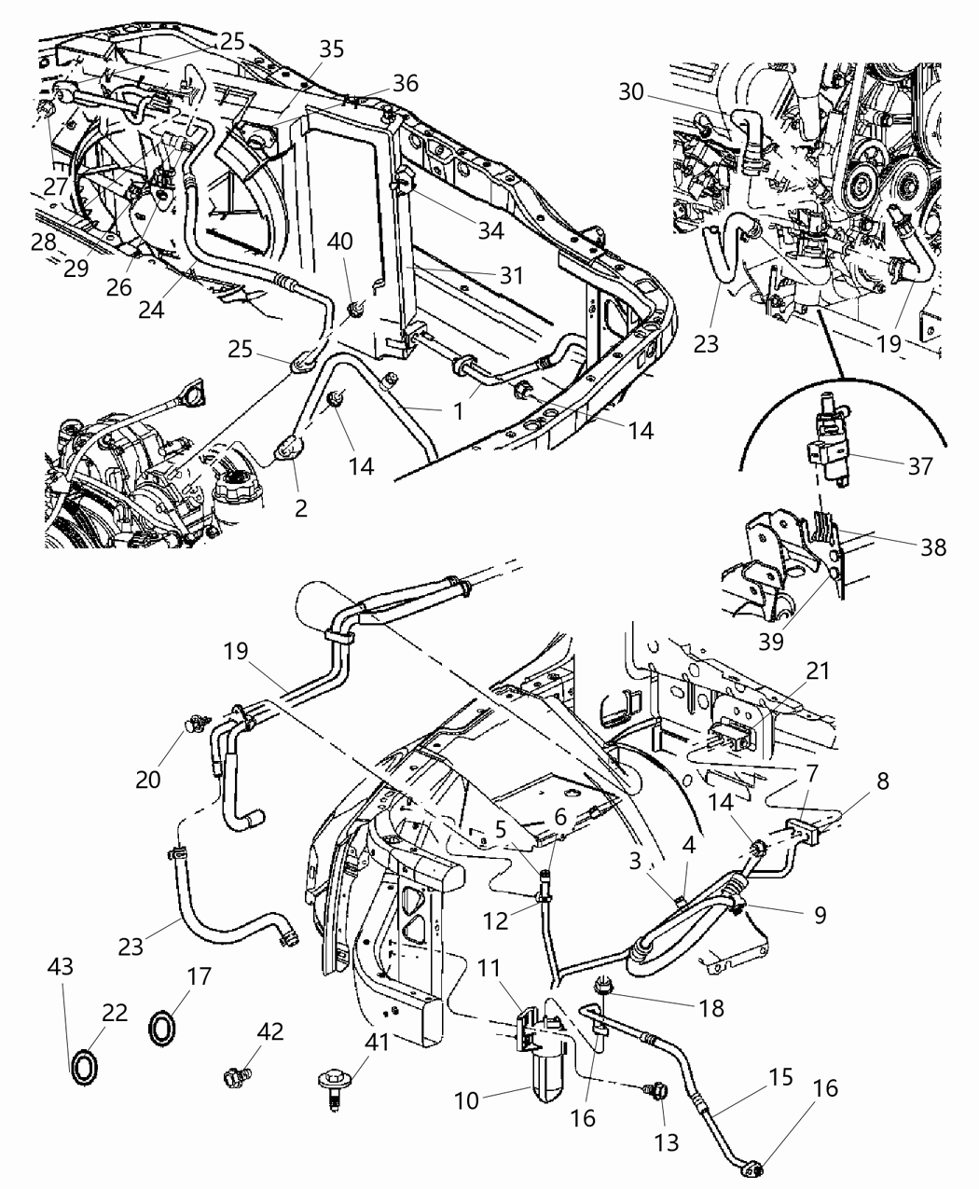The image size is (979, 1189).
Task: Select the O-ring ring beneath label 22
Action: (x=84, y=1065)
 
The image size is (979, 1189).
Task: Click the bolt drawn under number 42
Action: (x=233, y=1077)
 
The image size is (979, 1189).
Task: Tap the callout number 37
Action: (x=919, y=465)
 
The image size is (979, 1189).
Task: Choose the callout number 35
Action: (x=332, y=49)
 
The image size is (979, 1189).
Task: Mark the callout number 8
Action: (x=882, y=781)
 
